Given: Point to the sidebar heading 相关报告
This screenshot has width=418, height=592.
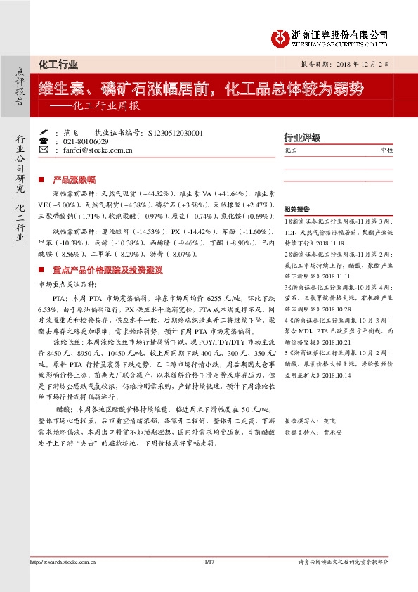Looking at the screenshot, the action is (x=296, y=210).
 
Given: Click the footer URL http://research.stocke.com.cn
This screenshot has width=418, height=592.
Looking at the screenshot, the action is (x=61, y=581).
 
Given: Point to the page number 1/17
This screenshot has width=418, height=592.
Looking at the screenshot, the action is (x=208, y=581).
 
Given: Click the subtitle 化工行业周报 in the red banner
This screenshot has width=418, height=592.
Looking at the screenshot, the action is (x=106, y=108).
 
